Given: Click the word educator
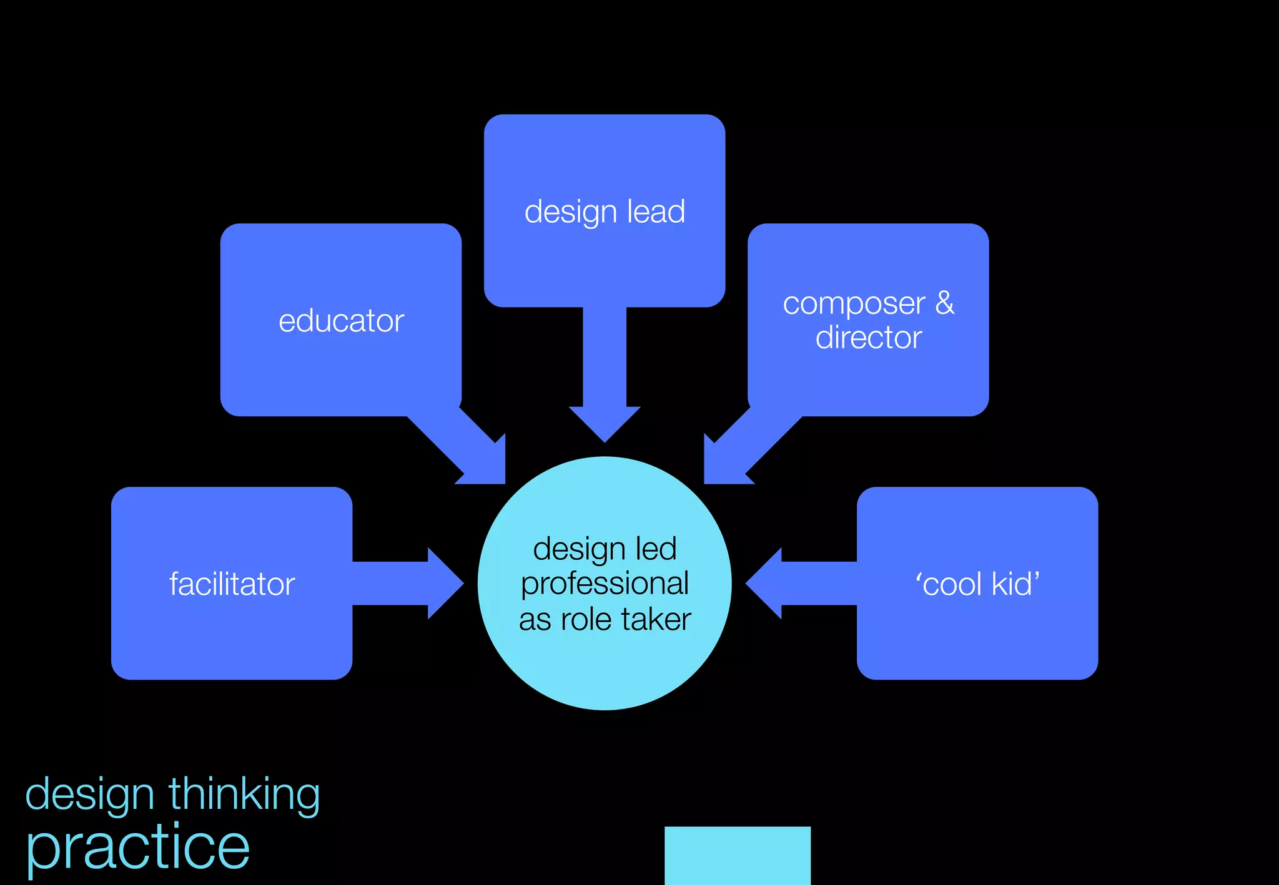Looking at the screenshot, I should coord(341,321).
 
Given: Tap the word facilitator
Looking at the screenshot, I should coord(232,585).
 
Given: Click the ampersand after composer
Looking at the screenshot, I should coord(945,303).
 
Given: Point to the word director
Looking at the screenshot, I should coord(868,338).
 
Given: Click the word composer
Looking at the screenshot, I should coord(854,304).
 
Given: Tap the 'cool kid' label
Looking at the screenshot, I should coord(977,584).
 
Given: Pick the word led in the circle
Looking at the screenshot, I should coord(656,549).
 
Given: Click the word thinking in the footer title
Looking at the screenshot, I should coord(244,795).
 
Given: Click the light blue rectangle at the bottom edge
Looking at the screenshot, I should coord(737,855).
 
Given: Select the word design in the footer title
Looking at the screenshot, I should coord(89,795).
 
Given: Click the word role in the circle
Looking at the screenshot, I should coord(586,620).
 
